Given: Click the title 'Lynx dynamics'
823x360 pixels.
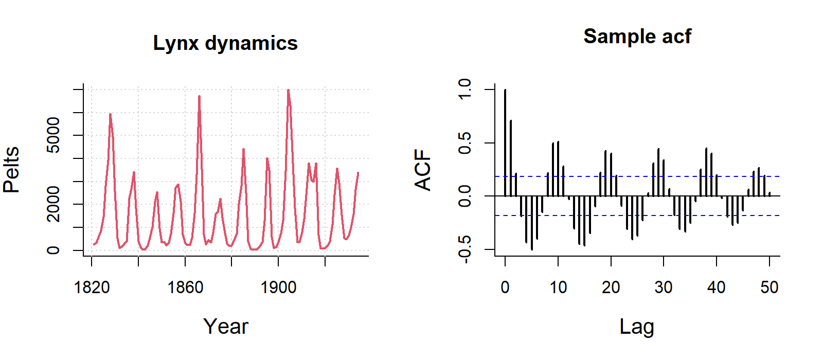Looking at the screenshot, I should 225,43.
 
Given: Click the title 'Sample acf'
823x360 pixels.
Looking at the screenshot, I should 637,37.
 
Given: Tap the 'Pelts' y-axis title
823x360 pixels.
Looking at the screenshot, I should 11,170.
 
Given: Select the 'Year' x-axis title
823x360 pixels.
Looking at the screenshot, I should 225,327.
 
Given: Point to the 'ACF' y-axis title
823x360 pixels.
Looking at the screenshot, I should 423,170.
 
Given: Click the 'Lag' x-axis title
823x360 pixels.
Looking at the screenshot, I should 637,327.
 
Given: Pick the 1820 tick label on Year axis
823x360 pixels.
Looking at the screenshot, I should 92,287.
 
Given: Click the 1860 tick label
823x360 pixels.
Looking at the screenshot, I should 185,287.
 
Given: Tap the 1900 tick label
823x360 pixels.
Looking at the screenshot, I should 278,287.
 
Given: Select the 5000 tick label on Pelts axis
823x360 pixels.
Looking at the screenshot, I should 53,135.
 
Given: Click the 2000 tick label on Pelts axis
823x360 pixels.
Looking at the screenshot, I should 53,204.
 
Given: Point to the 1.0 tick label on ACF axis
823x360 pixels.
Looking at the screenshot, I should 464,89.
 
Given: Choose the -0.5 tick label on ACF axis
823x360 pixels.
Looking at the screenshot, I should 464,249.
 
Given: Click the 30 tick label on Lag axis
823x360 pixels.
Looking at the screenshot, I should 664,287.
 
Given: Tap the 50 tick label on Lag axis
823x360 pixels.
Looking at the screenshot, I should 770,287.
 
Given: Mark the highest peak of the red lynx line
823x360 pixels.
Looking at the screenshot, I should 288,91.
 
